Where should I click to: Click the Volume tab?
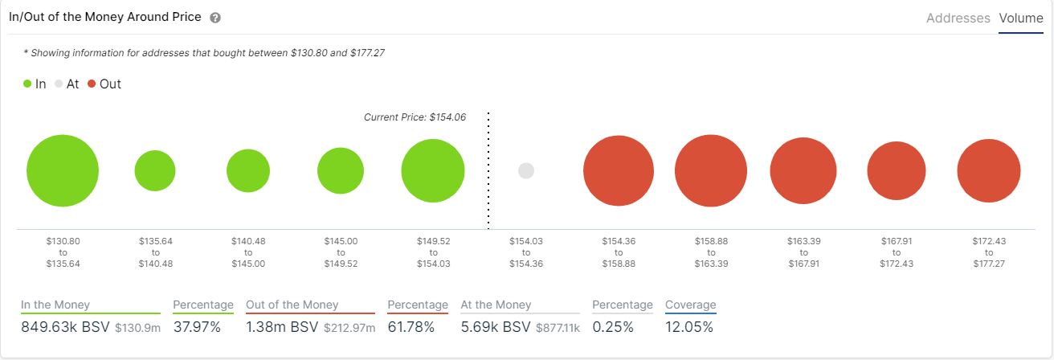point(1020,18)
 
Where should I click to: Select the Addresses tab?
point(958,18)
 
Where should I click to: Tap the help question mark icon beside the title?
point(214,18)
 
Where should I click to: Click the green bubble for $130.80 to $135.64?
point(63,171)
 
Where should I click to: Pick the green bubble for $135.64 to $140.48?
point(155,170)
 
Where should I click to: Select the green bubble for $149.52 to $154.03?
point(433,171)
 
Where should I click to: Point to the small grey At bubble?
point(526,170)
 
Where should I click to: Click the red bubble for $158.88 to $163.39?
point(711,171)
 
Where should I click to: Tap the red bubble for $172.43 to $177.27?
point(989,171)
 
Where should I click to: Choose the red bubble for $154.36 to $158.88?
point(619,171)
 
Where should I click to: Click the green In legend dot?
point(28,84)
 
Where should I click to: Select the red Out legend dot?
point(92,84)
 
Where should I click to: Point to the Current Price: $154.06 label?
point(415,117)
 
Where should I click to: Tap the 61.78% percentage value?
point(411,327)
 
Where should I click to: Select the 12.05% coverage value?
point(688,327)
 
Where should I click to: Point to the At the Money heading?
point(496,305)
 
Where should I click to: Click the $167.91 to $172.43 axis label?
point(896,252)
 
